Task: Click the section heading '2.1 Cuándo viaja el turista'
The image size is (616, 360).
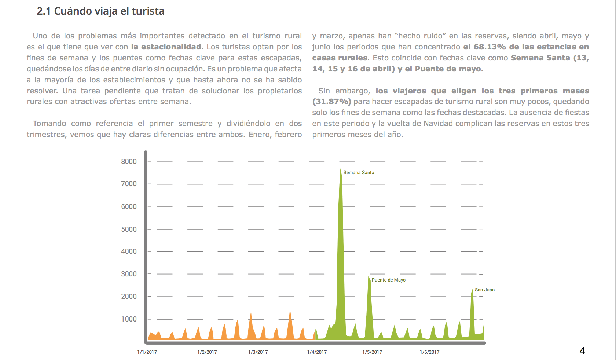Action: point(100,11)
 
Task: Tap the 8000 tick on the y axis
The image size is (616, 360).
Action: point(129,161)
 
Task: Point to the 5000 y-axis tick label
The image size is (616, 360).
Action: point(129,229)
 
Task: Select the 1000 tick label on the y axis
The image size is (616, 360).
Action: point(129,319)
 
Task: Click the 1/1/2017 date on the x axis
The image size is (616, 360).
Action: point(147,352)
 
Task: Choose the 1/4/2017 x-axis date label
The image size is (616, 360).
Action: point(317,352)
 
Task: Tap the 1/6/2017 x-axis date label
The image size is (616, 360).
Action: point(430,352)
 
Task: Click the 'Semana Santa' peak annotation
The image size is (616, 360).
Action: point(359,172)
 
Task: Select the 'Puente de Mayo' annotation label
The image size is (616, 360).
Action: point(389,280)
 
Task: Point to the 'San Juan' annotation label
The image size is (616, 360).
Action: point(485,290)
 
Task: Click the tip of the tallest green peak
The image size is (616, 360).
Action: point(340,169)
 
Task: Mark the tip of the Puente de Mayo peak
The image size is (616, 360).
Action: point(368,276)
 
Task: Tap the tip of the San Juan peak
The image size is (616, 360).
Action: point(473,288)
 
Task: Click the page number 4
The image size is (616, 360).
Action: point(582,350)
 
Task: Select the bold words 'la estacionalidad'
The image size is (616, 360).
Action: point(166,47)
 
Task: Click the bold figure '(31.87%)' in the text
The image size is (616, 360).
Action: point(331,102)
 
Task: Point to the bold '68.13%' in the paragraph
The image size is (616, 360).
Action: point(490,47)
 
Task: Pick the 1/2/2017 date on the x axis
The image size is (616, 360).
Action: point(207,352)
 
